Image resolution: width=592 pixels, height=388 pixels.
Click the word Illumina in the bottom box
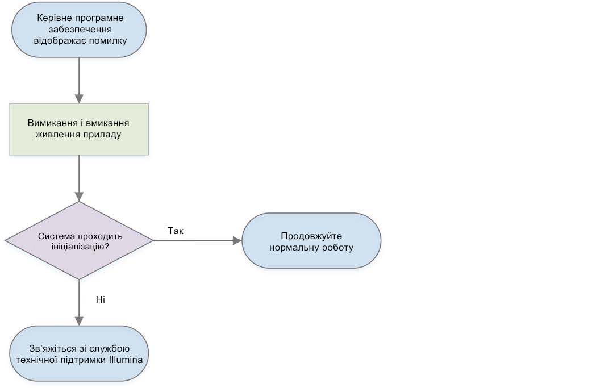pos(126,360)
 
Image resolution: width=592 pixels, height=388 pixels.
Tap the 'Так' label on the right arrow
pos(176,231)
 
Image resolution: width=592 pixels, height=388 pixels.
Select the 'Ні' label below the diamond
pos(101,300)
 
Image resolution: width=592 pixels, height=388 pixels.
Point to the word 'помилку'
pos(110,40)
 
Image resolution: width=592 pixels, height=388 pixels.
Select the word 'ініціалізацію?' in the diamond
pos(80,247)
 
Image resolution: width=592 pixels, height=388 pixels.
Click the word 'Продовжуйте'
pos(311,236)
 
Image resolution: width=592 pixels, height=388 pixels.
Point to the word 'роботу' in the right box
pos(337,248)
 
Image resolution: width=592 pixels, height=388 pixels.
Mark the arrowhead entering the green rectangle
pos(79,98)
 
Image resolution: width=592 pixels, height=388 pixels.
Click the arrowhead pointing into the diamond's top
pos(79,196)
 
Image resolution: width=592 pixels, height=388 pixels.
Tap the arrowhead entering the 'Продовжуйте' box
pos(237,240)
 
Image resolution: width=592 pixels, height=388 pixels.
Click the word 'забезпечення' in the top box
pos(80,29)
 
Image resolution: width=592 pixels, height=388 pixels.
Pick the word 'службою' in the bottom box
pos(112,348)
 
